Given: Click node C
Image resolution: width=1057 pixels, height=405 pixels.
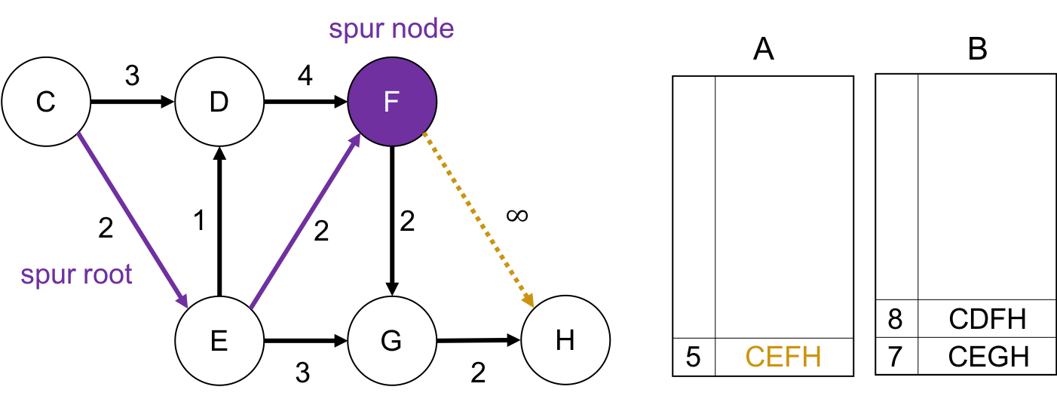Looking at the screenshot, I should click(x=46, y=102).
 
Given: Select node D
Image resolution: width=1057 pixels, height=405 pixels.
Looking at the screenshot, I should click(x=219, y=102).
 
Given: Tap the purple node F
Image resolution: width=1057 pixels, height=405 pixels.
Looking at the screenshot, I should click(x=391, y=102).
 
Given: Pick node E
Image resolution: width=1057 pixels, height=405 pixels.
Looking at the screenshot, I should click(x=219, y=341).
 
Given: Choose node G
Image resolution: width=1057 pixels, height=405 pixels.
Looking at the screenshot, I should click(x=391, y=341).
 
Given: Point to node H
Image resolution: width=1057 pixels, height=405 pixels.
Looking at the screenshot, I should click(x=565, y=341).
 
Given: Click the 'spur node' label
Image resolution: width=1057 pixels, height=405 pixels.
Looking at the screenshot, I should click(x=391, y=29).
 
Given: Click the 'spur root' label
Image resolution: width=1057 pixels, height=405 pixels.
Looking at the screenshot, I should click(x=77, y=275).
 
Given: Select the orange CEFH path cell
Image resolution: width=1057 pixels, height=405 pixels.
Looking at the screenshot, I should click(x=783, y=357).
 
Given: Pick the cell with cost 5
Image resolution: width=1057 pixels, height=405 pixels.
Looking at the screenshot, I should click(x=694, y=357).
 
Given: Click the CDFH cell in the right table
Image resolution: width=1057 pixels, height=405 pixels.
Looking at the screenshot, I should click(x=987, y=319).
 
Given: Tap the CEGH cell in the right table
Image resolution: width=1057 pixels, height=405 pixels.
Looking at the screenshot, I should click(x=987, y=356).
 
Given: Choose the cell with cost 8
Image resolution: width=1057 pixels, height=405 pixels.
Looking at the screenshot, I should click(x=896, y=319).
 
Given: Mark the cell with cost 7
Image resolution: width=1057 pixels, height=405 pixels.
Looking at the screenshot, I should click(x=896, y=356).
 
